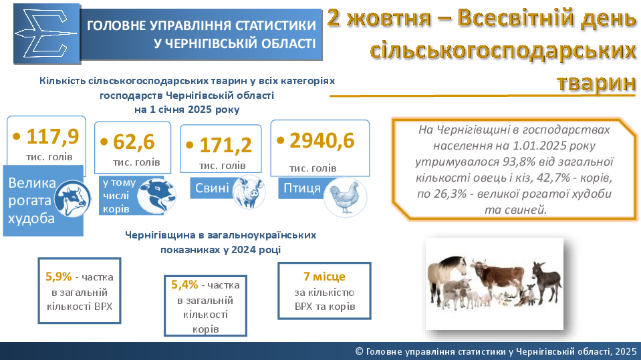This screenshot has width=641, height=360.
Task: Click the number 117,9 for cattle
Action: [x=52, y=136]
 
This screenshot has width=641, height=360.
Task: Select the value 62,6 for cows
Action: [x=134, y=142]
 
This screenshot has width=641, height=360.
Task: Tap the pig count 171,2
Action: [x=225, y=145]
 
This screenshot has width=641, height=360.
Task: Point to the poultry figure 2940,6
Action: [x=322, y=140]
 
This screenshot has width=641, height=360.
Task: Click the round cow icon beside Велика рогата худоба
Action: [x=72, y=199]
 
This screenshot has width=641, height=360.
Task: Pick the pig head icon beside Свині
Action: [x=249, y=192]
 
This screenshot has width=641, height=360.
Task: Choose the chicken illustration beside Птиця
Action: [x=345, y=197]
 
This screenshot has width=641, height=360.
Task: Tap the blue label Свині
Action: [x=212, y=188]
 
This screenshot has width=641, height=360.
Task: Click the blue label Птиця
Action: [x=302, y=188]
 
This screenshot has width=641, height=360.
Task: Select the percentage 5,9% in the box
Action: [x=58, y=277]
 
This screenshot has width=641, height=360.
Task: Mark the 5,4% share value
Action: [x=184, y=285]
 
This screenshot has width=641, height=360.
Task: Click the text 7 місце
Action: [x=324, y=277]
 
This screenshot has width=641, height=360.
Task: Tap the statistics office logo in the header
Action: [x=46, y=33]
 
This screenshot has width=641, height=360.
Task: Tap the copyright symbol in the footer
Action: [x=360, y=351]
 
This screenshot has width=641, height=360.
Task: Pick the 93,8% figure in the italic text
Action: [x=519, y=162]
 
